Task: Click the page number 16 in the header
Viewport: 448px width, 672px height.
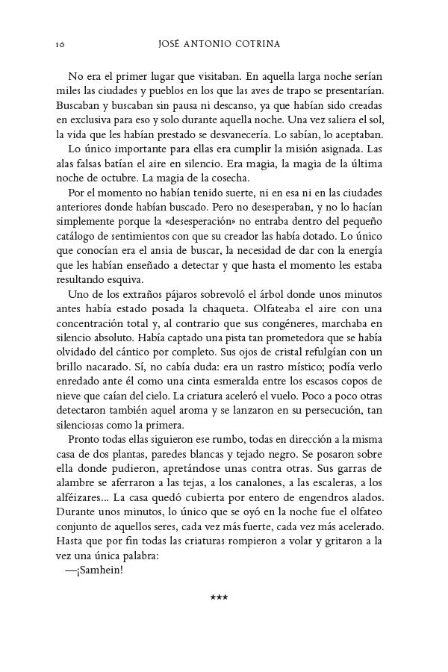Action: click(x=60, y=44)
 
